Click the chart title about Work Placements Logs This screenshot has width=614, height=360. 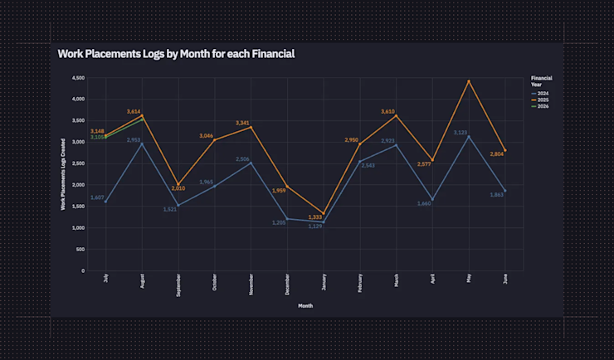click(176, 53)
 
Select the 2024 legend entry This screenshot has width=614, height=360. click(543, 94)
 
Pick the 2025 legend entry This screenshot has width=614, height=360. click(543, 100)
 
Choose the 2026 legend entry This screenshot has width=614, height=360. click(543, 107)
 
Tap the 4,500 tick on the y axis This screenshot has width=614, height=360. click(79, 78)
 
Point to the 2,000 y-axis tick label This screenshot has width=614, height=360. click(79, 185)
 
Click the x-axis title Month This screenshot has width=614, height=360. click(305, 305)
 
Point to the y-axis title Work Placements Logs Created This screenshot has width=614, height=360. click(63, 174)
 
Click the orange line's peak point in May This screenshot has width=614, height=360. click(469, 81)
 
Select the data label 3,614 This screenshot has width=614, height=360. click(134, 111)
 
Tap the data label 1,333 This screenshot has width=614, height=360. click(315, 217)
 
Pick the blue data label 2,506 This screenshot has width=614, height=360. click(243, 158)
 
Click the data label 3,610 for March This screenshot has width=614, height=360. click(388, 111)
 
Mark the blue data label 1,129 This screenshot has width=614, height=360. click(315, 226)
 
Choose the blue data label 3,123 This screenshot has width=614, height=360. click(460, 133)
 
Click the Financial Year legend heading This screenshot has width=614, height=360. click(542, 81)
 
